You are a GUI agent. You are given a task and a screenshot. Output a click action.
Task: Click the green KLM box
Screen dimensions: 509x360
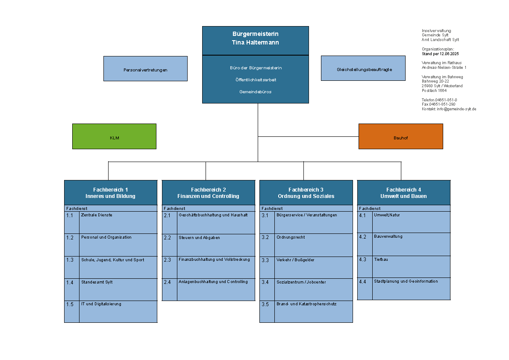click(114, 136)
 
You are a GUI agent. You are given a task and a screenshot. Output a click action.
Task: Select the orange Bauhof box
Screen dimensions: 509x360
click(400, 136)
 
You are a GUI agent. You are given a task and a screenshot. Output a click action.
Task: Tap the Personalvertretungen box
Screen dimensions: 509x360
click(145, 68)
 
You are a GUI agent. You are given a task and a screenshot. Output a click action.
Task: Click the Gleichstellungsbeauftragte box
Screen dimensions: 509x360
click(363, 68)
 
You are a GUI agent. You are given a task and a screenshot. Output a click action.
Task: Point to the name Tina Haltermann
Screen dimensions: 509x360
click(256, 42)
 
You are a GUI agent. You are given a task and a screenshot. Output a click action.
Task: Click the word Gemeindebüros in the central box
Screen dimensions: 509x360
click(256, 92)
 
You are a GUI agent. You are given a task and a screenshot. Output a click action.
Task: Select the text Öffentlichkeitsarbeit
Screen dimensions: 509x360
click(256, 80)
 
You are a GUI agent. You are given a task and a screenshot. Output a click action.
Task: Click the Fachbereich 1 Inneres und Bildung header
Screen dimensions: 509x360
click(111, 193)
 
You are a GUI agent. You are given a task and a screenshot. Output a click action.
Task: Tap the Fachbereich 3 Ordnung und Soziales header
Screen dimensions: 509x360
click(306, 193)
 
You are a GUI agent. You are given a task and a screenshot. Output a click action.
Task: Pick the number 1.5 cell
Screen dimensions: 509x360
click(72, 312)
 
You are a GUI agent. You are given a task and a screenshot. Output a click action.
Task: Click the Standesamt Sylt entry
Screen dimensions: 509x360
click(97, 282)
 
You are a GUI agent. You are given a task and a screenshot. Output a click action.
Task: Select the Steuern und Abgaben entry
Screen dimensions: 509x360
click(199, 238)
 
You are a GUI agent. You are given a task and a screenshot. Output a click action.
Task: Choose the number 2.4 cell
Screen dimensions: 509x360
click(169, 290)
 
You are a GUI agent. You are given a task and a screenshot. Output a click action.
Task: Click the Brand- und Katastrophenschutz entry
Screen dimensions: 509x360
click(306, 304)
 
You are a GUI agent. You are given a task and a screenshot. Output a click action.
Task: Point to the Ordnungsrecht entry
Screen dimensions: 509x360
click(291, 237)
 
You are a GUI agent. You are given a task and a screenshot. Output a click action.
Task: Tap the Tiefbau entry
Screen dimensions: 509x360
click(381, 260)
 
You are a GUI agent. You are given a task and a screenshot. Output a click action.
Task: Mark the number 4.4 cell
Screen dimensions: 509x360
click(365, 289)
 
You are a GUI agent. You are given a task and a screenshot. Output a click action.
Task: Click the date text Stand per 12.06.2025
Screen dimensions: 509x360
click(440, 54)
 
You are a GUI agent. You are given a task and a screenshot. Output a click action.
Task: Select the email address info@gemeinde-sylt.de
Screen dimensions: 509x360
click(456, 109)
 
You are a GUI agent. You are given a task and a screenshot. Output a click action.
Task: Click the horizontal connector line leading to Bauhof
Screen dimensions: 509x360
click(309, 137)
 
